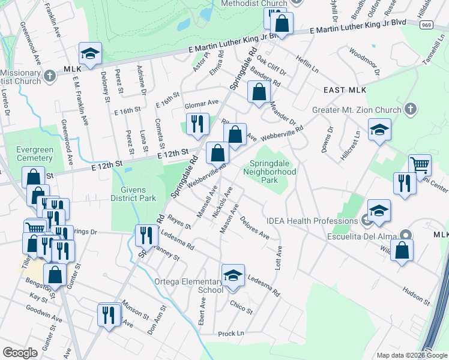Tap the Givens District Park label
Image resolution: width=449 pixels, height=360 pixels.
pos(133,194)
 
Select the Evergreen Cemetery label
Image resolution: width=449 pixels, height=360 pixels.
pos(26,154)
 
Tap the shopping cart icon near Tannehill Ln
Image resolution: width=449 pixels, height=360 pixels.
pos(420,164)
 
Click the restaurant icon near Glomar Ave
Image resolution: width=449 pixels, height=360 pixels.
pos(197,124)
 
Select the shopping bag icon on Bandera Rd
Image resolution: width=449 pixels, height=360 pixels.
pos(259,92)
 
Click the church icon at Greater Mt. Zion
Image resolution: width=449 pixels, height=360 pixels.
pos(411,109)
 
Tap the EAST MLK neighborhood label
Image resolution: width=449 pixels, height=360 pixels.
pos(344,90)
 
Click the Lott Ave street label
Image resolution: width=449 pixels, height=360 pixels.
pos(279,257)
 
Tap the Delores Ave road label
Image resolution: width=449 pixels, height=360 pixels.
pos(255,227)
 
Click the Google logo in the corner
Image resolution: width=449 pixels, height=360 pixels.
pos(20,353)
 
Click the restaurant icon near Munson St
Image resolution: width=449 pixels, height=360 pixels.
pos(109,314)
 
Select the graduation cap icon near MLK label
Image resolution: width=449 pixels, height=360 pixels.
pos(91,54)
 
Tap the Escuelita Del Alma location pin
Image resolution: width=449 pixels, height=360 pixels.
pos(406,235)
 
